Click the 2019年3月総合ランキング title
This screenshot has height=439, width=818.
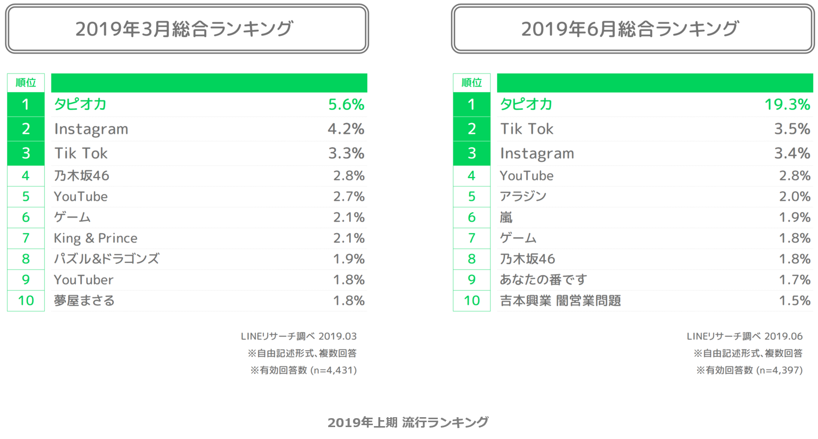click(x=184, y=29)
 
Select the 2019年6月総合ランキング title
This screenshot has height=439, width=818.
click(x=630, y=29)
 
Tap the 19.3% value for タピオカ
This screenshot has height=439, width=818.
click(x=787, y=104)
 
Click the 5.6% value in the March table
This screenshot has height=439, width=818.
click(x=346, y=104)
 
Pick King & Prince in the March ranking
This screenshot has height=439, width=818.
click(x=96, y=238)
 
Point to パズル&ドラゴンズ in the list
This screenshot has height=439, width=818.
click(x=107, y=259)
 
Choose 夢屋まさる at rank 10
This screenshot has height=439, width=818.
click(x=84, y=301)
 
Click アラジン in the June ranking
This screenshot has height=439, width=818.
click(x=523, y=196)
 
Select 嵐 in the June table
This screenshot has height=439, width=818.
click(x=506, y=217)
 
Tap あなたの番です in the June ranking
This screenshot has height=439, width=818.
click(x=543, y=280)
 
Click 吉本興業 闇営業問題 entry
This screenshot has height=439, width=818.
click(x=560, y=301)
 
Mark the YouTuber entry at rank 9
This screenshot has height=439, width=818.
click(x=84, y=280)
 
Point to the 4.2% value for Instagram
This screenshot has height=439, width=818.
click(x=346, y=129)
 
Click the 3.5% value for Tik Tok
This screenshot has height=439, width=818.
click(x=792, y=129)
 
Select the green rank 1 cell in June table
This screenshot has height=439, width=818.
click(x=471, y=104)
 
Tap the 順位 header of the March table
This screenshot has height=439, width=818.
click(x=26, y=83)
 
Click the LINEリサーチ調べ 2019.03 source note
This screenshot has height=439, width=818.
click(x=299, y=336)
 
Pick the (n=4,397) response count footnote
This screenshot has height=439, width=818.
click(x=779, y=370)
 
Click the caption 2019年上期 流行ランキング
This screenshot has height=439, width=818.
click(x=408, y=422)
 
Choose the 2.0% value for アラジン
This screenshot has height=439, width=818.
click(x=795, y=196)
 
